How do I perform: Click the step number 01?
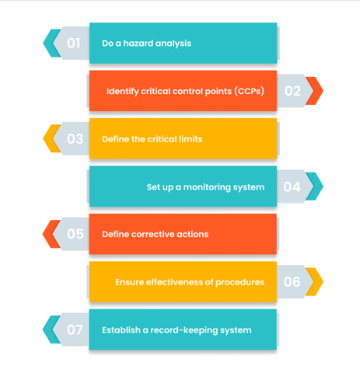pyautogui.click(x=73, y=43)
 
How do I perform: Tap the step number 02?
pyautogui.click(x=292, y=91)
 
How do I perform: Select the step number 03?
pyautogui.click(x=75, y=139)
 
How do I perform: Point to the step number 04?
pyautogui.click(x=292, y=186)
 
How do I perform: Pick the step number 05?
pyautogui.click(x=75, y=234)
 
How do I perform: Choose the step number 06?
pyautogui.click(x=292, y=282)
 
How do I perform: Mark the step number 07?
pyautogui.click(x=75, y=329)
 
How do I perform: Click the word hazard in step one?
pyautogui.click(x=138, y=44)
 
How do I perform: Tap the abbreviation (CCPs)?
pyautogui.click(x=250, y=91)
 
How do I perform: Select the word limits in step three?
pyautogui.click(x=190, y=139)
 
